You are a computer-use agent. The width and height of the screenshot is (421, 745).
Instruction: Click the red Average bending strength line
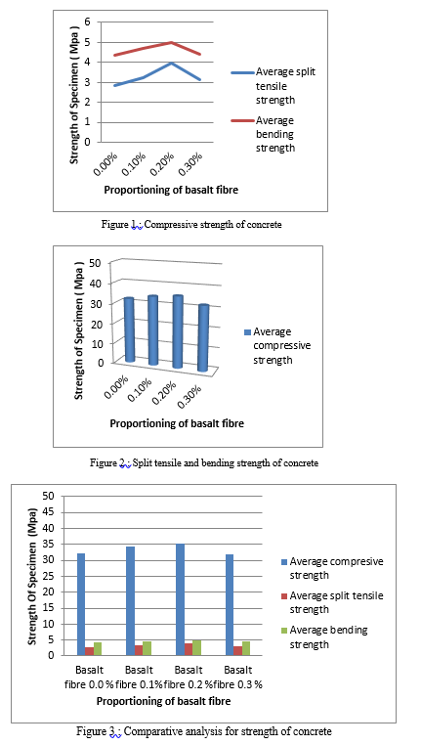144,49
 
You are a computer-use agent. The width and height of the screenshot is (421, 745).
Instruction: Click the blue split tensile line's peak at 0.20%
171,63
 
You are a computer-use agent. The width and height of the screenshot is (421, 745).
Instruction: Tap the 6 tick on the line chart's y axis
86,22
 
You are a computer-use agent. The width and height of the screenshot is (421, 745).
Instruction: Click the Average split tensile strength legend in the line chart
274,86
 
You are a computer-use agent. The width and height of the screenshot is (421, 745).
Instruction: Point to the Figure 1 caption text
191,225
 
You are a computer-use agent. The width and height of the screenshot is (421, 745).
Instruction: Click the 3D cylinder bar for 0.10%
152,330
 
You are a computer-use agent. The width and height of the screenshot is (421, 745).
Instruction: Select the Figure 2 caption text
204,462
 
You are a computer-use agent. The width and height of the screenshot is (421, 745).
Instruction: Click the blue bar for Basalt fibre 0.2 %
180,599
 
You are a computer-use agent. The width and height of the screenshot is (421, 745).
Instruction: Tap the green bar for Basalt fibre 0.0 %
98,649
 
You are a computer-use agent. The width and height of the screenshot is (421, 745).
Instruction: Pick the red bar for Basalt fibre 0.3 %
237,651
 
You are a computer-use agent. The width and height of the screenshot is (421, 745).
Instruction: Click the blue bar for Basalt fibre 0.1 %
130,601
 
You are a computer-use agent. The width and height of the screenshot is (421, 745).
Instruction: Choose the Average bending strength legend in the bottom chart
324,637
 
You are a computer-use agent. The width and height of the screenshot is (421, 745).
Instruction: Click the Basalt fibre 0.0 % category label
88,678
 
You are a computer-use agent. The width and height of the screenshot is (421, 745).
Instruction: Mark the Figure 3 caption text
204,730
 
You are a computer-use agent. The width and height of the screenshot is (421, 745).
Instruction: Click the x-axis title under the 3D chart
177,423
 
